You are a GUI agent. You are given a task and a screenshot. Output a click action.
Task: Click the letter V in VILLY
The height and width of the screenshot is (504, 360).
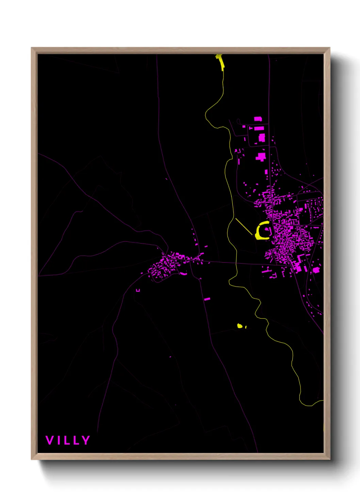49,440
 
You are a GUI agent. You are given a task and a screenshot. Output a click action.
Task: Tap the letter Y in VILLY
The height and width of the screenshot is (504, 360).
85,440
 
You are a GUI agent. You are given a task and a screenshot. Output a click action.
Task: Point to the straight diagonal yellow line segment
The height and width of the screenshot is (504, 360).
244,226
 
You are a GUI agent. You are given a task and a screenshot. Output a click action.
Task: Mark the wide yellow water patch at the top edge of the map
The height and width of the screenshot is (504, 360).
221,62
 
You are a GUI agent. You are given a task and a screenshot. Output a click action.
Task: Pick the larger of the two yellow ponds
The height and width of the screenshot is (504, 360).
240,326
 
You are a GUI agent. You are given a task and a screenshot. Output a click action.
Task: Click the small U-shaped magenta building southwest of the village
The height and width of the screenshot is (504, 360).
138,290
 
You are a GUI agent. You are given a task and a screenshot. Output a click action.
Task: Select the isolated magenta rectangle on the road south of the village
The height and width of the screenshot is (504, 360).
207,299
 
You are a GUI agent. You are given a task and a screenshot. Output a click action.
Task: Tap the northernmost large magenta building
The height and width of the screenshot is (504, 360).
258,119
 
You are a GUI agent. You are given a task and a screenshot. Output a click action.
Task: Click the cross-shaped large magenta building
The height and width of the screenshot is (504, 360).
261,157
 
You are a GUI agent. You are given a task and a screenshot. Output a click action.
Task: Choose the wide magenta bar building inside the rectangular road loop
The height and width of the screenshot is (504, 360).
259,129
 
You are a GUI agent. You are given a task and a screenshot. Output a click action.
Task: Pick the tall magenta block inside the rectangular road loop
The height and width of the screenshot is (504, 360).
262,138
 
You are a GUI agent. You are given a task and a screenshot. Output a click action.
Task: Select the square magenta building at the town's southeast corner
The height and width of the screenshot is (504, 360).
316,270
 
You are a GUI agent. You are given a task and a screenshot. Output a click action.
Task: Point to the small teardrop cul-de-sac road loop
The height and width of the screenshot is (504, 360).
238,121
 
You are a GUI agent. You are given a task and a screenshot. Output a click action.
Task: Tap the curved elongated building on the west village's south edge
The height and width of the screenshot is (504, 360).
183,273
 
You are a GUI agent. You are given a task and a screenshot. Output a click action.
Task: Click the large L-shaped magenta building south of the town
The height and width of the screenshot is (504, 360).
298,263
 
